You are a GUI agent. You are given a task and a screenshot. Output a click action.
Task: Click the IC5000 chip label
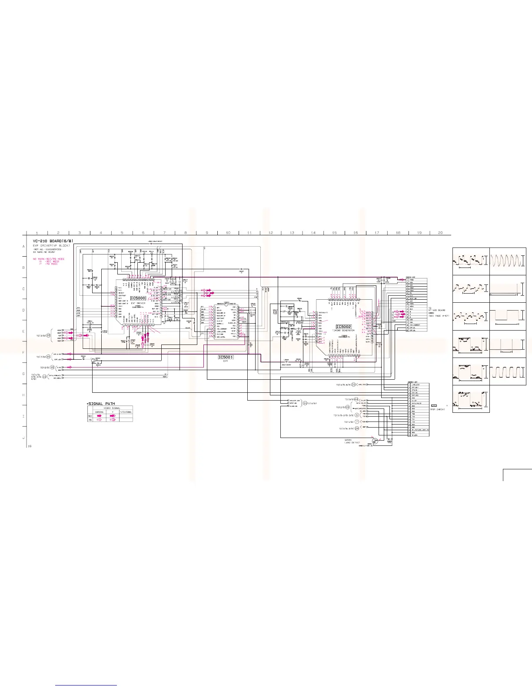pyautogui.click(x=138, y=298)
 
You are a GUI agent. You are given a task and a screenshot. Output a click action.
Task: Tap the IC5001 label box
pyautogui.click(x=226, y=357)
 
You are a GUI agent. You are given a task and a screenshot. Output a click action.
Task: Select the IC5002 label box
pyautogui.click(x=343, y=327)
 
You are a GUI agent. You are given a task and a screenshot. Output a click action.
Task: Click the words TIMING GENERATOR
pyautogui.click(x=343, y=331)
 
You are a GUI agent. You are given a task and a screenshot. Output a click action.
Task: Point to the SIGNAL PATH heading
pyautogui.click(x=102, y=404)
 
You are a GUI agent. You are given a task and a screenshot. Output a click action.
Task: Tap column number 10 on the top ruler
pyautogui.click(x=228, y=233)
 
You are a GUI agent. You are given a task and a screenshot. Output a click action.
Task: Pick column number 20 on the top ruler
pyautogui.click(x=440, y=233)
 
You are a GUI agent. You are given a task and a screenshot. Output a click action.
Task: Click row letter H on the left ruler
pyautogui.click(x=23, y=395)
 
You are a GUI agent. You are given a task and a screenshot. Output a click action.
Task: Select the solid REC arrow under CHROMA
pyautogui.click(x=99, y=416)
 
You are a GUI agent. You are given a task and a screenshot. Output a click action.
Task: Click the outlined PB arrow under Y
pyautogui.click(x=113, y=420)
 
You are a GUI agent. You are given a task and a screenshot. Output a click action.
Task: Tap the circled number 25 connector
pyautogui.click(x=48, y=335)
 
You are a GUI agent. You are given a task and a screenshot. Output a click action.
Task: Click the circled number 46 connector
pyautogui.click(x=52, y=367)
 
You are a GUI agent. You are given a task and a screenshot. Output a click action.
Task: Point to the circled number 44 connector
pyautogui.click(x=356, y=399)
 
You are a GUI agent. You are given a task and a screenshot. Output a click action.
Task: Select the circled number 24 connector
pyautogui.click(x=356, y=428)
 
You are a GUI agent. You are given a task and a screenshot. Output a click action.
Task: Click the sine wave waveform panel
pyautogui.click(x=508, y=261)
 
